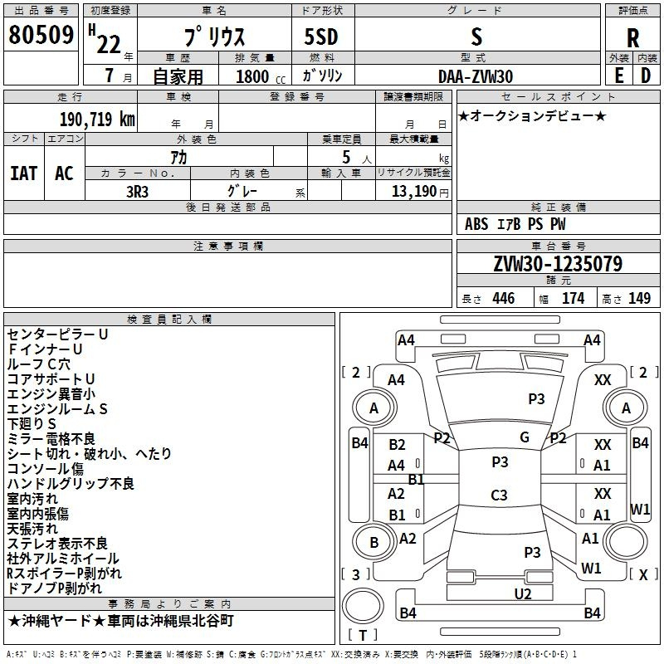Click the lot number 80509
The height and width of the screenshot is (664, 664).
(x=41, y=34)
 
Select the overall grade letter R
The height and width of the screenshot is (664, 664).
(x=632, y=37)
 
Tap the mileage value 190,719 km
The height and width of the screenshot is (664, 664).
(x=97, y=120)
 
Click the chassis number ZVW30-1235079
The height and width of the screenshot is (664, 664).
(x=558, y=263)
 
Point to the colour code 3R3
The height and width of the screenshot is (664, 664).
(x=137, y=192)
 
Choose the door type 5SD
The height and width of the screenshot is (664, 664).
(x=321, y=37)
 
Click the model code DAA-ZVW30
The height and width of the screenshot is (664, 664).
(x=476, y=76)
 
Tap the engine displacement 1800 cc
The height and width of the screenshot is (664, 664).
(x=261, y=76)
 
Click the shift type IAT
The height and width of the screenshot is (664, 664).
(x=24, y=173)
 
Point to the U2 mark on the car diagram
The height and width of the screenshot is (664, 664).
(x=523, y=593)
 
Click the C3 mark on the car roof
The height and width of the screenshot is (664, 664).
(x=499, y=495)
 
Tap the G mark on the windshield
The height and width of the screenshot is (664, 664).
(x=525, y=437)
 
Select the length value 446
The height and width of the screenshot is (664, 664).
(x=504, y=298)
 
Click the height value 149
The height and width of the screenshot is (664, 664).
(x=639, y=298)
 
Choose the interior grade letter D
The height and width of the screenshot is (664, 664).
(x=646, y=76)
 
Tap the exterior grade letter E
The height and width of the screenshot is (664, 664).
(x=618, y=76)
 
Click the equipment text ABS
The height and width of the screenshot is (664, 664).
(x=476, y=224)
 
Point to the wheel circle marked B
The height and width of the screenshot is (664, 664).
(x=374, y=542)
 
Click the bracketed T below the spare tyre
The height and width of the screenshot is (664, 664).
(x=363, y=635)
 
